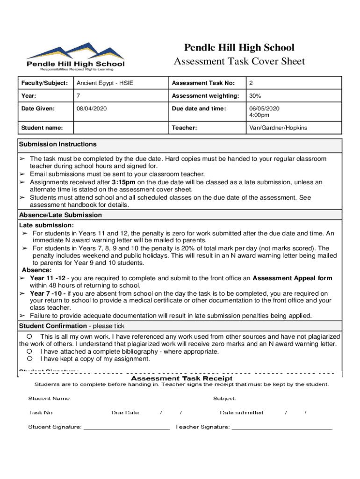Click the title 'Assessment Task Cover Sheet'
click(239, 61)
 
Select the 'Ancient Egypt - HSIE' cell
click(105, 83)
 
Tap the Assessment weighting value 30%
click(255, 96)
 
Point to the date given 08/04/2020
click(92, 109)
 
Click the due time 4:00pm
click(259, 115)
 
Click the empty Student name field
click(120, 128)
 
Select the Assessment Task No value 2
click(251, 83)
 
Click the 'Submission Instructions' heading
click(58, 144)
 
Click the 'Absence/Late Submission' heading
click(60, 215)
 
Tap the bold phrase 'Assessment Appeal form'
click(292, 278)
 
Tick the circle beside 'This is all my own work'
click(29, 336)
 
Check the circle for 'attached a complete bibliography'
click(29, 351)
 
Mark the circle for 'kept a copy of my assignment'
click(29, 359)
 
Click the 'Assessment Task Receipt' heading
click(181, 378)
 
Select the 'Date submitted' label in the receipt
click(242, 413)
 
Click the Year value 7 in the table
click(79, 96)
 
